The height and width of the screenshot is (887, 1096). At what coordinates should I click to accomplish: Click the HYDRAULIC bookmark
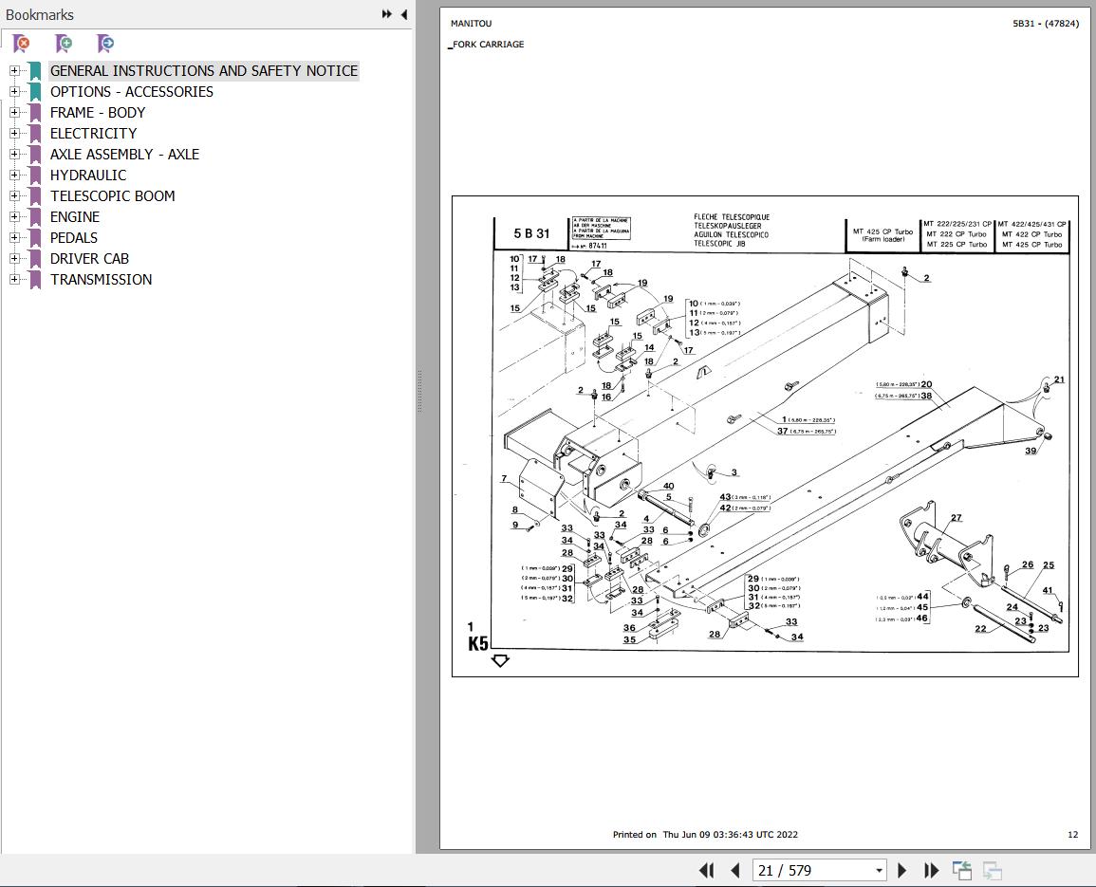point(87,175)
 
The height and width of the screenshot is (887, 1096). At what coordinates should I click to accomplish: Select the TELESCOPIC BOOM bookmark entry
point(112,195)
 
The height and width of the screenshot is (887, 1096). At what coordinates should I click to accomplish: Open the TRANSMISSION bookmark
point(101,279)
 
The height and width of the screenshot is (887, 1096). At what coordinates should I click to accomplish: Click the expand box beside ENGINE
point(14,216)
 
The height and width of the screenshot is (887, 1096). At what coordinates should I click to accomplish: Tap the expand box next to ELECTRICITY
point(14,133)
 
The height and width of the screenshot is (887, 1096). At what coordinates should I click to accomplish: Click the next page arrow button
point(901,870)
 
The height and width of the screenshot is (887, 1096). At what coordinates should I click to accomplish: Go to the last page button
point(931,870)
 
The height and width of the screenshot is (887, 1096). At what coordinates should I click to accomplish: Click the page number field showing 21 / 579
point(817,870)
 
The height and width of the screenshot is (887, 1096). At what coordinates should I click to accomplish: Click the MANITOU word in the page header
point(471,24)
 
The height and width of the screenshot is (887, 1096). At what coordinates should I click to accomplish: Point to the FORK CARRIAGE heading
point(488,45)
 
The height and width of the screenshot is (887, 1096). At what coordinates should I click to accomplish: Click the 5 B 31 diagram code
point(531,233)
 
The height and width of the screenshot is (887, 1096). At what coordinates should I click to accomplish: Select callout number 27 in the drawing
point(956,518)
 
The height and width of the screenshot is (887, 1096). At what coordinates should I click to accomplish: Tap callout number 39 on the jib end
point(1031,452)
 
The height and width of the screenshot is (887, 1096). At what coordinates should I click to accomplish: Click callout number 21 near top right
point(1059,380)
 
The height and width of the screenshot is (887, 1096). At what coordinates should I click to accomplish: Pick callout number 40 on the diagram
point(668,487)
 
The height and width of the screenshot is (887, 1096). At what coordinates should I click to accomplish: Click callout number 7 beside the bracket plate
point(504,479)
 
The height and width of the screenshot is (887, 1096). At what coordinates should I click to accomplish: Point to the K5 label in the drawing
point(478,643)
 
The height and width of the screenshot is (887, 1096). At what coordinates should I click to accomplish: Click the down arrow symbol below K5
point(500,660)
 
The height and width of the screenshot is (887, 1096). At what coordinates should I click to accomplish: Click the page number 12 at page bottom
point(1072,835)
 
